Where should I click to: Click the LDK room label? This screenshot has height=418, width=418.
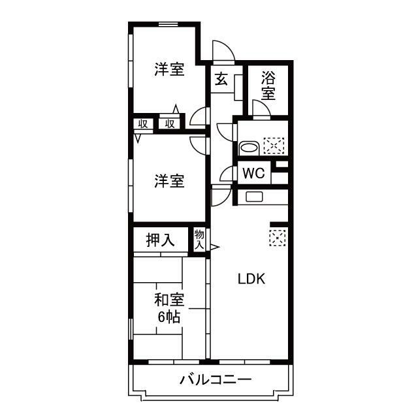(250, 279)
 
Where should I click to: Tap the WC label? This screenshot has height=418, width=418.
(254, 174)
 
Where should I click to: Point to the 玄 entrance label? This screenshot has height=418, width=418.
(221, 80)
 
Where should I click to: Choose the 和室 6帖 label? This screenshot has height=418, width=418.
(169, 308)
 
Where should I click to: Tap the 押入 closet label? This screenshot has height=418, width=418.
(160, 240)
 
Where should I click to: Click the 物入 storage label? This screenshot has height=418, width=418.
(199, 239)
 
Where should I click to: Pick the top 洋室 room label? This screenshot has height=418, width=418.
(169, 69)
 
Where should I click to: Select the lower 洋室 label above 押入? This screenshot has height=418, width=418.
(169, 181)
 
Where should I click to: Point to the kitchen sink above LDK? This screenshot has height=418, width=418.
(253, 197)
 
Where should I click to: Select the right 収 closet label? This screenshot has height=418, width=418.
(170, 124)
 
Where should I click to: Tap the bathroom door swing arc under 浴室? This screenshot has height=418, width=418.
(262, 108)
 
